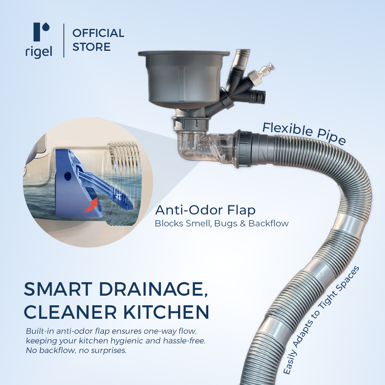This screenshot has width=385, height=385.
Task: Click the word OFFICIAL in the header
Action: [x=98, y=33]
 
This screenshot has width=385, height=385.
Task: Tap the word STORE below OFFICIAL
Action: [x=91, y=47]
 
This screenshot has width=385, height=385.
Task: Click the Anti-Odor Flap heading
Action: [x=205, y=210]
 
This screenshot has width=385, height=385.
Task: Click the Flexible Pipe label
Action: [x=304, y=133]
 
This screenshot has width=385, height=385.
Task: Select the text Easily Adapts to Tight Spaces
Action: [x=322, y=320]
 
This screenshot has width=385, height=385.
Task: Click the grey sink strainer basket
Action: [x=180, y=79]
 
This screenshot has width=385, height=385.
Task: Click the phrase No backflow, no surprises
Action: [x=76, y=351]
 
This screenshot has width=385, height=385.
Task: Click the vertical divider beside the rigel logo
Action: [x=64, y=40]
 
